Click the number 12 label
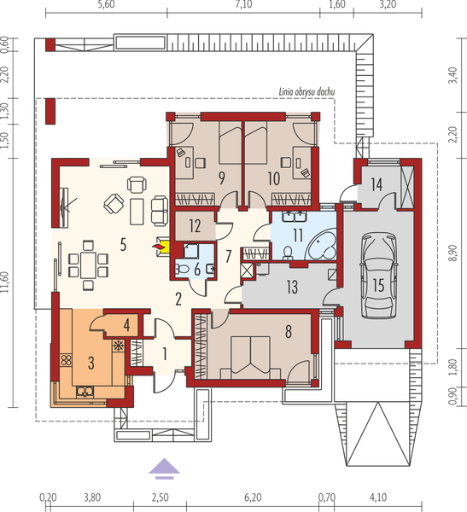[194, 227]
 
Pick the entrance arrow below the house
[165, 466]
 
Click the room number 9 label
[221, 178]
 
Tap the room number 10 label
[273, 178]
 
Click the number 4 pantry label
[126, 324]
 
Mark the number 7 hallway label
[228, 255]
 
